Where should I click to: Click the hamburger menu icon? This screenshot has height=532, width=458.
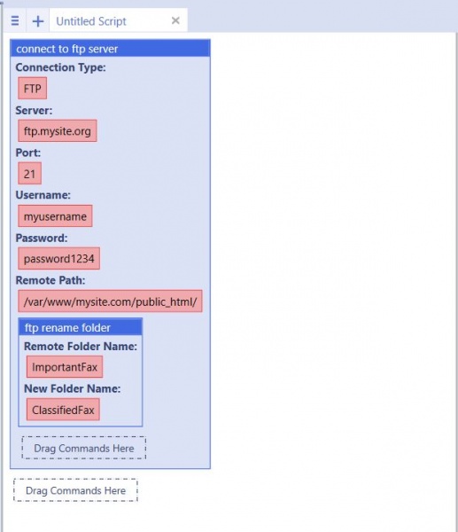(15, 21)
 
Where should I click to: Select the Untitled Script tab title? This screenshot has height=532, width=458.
(91, 21)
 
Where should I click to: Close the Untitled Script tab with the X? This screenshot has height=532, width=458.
(175, 20)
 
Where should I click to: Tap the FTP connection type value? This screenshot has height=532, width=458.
(33, 88)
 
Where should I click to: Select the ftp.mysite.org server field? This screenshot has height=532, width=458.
(58, 130)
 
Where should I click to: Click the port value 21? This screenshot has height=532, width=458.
(30, 174)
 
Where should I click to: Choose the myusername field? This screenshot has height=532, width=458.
(55, 215)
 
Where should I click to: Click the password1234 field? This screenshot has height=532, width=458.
(59, 259)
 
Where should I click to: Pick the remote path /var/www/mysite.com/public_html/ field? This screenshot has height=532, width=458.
(110, 301)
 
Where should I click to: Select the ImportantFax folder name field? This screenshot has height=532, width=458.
(65, 367)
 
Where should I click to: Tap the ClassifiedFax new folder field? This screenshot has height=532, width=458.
(63, 410)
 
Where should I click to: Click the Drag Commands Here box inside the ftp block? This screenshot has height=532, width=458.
(84, 448)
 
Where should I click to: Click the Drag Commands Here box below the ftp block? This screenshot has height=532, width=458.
(75, 490)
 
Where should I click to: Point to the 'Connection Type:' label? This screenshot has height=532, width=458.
(60, 67)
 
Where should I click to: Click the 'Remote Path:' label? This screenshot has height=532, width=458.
(50, 280)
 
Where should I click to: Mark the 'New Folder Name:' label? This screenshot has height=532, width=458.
(73, 388)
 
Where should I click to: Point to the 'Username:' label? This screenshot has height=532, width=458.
(43, 195)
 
